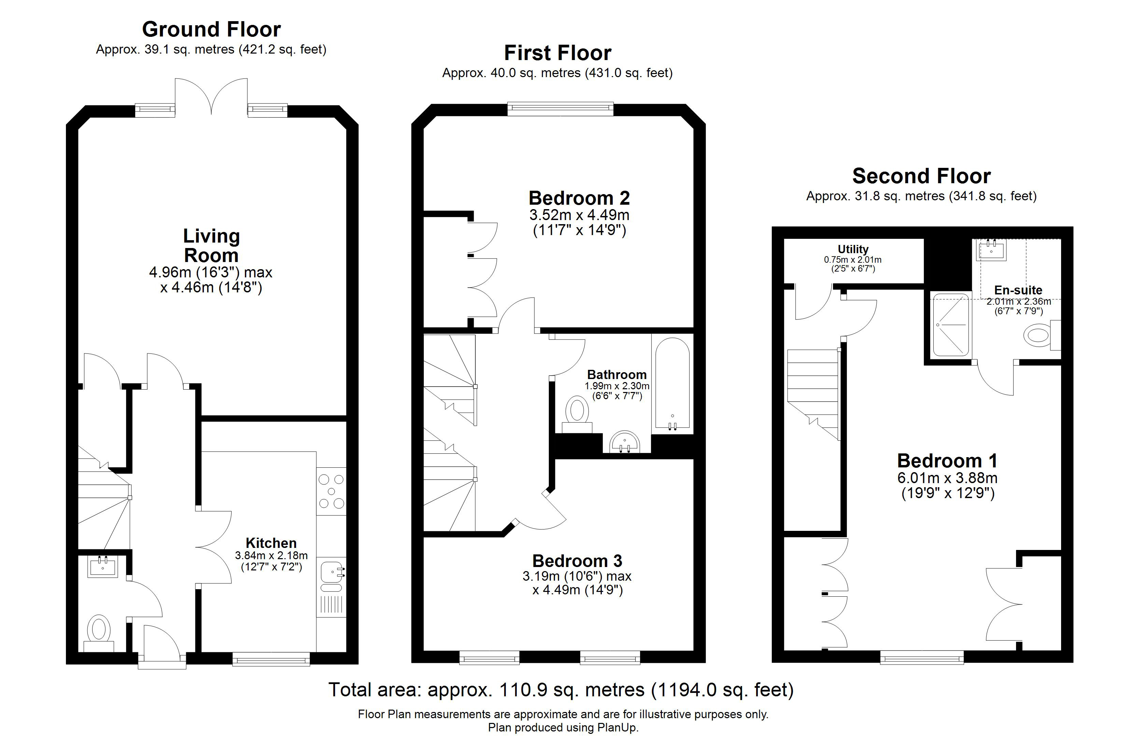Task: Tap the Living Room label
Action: [211, 246]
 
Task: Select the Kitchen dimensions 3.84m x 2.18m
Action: [271, 555]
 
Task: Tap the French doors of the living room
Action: [211, 97]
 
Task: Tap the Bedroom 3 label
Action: [577, 561]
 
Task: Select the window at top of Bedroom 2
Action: [560, 109]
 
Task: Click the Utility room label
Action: [853, 249]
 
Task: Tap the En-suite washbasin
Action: [991, 250]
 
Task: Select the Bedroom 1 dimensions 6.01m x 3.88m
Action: [947, 478]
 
